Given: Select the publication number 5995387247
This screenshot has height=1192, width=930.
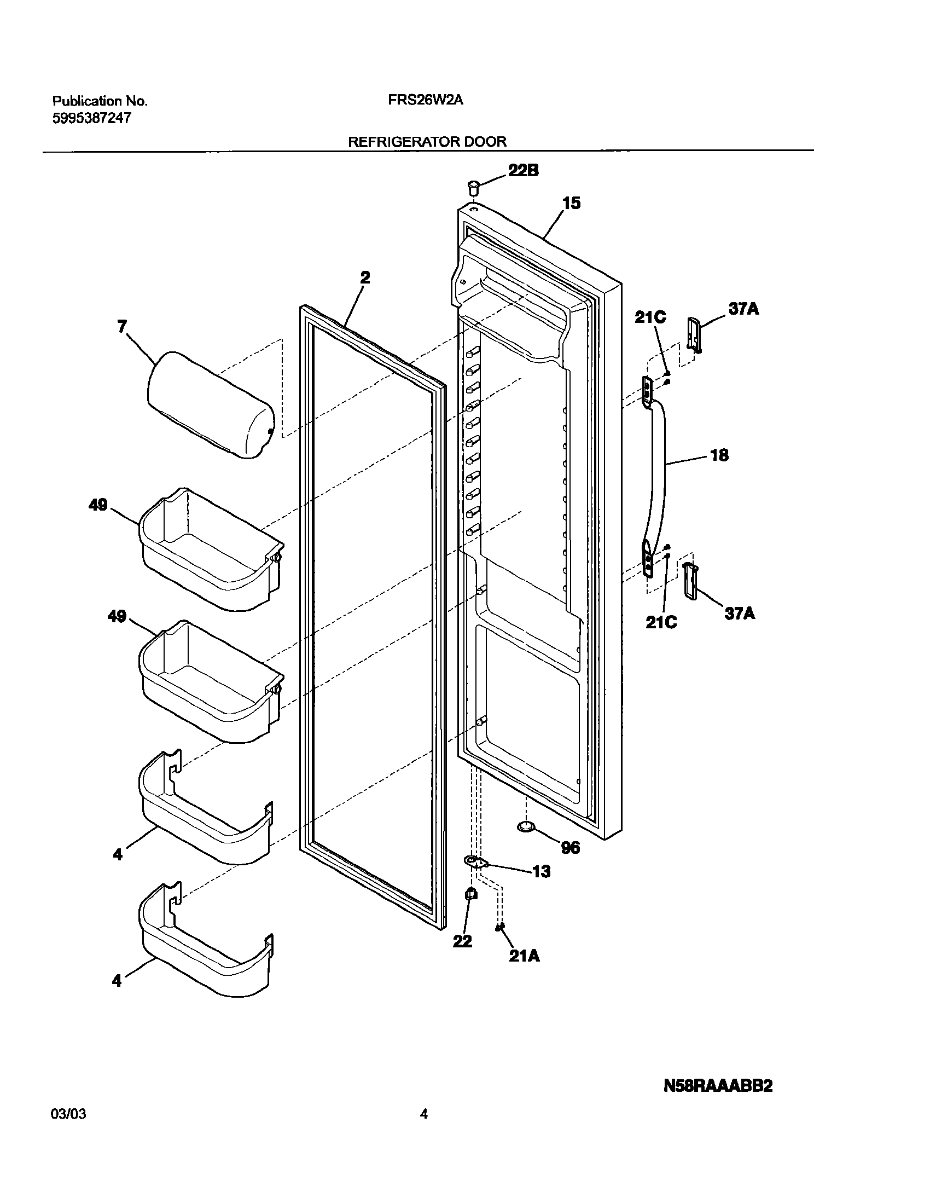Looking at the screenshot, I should (91, 118).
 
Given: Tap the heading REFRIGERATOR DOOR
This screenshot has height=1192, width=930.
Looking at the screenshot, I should (427, 142).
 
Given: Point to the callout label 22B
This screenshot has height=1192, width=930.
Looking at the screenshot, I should (523, 171).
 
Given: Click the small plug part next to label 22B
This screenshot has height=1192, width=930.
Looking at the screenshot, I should (473, 189).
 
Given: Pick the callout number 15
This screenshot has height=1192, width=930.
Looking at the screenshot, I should (571, 204).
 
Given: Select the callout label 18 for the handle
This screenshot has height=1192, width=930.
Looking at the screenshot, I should (719, 455).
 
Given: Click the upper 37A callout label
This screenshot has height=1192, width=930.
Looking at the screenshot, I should (743, 309).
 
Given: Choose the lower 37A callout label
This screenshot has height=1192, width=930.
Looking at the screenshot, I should (740, 614).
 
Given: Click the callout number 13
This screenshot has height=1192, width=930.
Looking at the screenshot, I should (541, 871).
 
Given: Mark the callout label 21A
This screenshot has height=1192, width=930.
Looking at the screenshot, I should (524, 956).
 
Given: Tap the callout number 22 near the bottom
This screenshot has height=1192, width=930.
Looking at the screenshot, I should (462, 941).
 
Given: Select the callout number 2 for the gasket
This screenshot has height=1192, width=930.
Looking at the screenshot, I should (365, 278).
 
